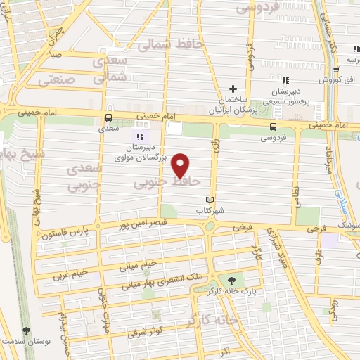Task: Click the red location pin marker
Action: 181,165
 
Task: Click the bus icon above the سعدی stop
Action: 108,118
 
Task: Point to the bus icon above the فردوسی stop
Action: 273,126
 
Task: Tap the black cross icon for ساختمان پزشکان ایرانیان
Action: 233,89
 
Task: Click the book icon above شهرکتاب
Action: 207,200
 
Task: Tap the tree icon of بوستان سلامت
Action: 27,330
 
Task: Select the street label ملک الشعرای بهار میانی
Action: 162,280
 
